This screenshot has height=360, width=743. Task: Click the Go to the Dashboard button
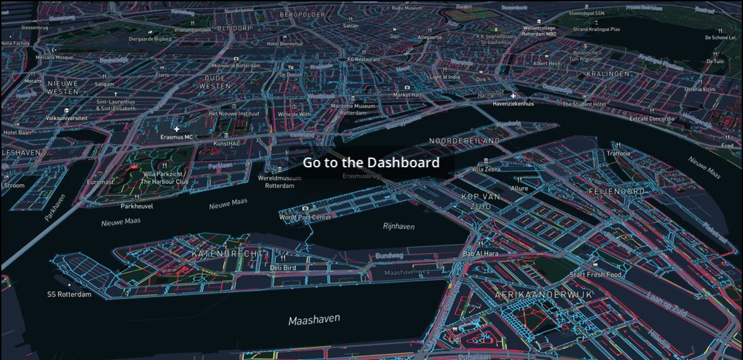(x=371, y=163)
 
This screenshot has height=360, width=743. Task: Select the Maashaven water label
(x=315, y=320)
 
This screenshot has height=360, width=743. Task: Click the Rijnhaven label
(x=398, y=226)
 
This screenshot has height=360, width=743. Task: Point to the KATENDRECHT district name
(x=226, y=254)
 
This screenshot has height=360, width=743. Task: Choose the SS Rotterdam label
(x=69, y=294)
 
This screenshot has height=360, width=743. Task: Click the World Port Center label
(x=305, y=217)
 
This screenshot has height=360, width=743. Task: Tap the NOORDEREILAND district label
(x=464, y=141)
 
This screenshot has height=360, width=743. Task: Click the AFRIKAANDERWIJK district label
(x=544, y=294)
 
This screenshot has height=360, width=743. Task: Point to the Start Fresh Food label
(x=595, y=275)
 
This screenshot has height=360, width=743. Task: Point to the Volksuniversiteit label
(x=66, y=118)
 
